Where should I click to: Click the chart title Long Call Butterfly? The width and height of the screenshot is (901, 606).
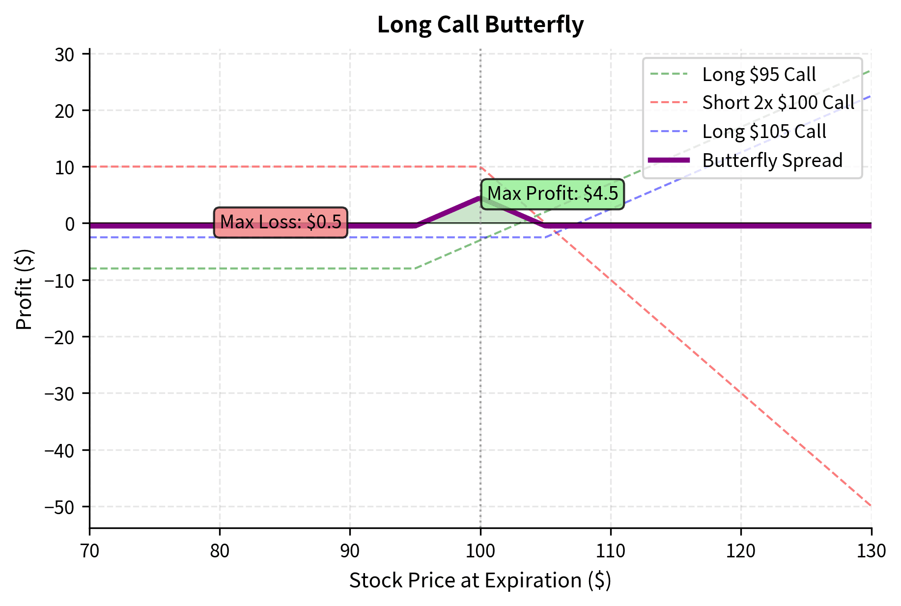(480, 25)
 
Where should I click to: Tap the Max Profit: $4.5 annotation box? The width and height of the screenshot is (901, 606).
(552, 194)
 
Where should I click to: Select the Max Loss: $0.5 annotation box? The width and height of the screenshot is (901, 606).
(281, 222)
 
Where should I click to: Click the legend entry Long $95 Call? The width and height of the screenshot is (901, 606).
(759, 75)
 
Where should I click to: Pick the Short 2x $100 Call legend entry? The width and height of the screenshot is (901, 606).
(778, 103)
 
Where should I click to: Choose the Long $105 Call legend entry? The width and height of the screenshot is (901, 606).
(764, 132)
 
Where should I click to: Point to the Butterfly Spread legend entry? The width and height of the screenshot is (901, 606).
(772, 161)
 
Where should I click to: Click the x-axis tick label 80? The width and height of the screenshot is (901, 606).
(220, 551)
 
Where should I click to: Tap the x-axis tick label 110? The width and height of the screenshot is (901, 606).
(611, 551)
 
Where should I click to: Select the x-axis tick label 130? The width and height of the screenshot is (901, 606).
(871, 551)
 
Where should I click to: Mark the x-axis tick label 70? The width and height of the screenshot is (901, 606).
(89, 551)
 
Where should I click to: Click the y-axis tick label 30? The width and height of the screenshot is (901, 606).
(64, 55)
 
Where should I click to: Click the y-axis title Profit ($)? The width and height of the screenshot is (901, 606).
(24, 290)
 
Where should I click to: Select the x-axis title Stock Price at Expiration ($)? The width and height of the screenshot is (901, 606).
(480, 581)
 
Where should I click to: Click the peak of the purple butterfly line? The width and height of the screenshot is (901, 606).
(480, 198)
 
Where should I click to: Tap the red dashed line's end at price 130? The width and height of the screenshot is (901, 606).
(871, 506)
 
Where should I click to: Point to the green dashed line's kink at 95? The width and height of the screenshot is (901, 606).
(415, 268)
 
